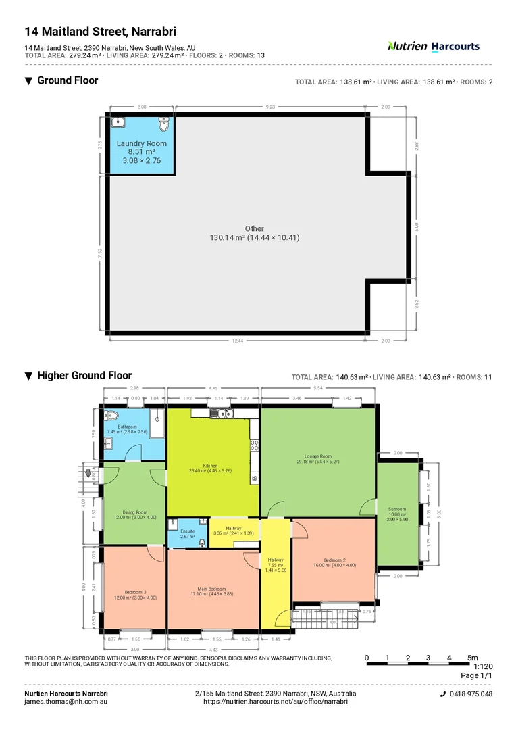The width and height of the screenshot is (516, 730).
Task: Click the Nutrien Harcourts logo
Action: (x=433, y=46)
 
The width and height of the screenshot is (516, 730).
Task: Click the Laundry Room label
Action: (x=141, y=143)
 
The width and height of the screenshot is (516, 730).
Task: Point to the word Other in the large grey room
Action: (x=255, y=228)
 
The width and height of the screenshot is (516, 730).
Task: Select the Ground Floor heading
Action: (x=67, y=80)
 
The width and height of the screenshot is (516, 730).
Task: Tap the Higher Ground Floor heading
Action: (x=84, y=376)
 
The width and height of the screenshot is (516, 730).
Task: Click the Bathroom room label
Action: (x=127, y=427)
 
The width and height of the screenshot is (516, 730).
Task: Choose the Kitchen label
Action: (x=210, y=466)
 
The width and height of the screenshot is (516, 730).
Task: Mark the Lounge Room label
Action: (x=317, y=457)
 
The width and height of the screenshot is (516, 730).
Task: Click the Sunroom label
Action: (x=397, y=509)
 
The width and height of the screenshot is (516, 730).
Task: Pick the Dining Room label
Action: (x=135, y=512)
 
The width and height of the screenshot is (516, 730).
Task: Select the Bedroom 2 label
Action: (x=334, y=560)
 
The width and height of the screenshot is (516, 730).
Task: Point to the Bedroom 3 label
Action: (x=135, y=592)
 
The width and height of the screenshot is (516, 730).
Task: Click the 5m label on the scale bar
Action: (x=472, y=658)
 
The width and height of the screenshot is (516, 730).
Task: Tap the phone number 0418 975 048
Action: (x=470, y=694)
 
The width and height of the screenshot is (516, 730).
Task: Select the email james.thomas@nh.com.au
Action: (x=66, y=702)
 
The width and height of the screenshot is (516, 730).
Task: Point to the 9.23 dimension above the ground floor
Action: (x=270, y=107)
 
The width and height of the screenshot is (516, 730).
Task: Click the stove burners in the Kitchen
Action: (x=255, y=444)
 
